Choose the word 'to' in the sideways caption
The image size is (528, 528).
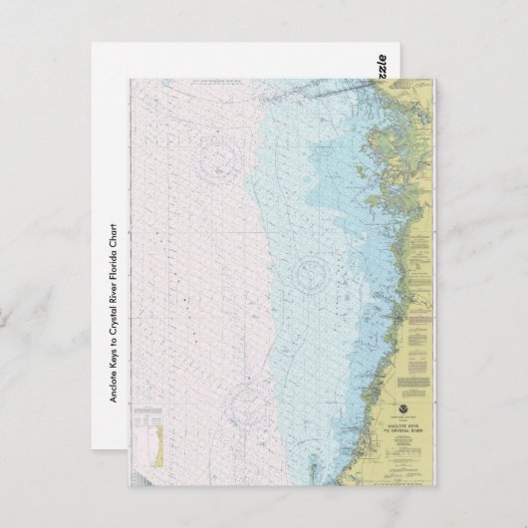click(116, 328)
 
